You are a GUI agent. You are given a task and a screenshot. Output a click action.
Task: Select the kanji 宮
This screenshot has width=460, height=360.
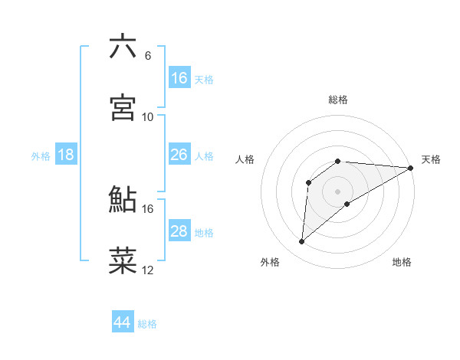123,108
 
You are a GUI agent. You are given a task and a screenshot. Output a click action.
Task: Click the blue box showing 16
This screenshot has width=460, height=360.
179,78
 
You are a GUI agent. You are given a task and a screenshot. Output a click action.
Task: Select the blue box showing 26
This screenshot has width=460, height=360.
179,155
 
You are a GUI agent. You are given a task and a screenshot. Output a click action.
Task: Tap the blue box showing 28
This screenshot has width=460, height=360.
179,231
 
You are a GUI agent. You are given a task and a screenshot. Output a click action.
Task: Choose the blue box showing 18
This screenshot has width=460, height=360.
66,155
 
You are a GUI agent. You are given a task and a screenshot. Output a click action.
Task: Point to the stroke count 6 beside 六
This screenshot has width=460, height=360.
148,55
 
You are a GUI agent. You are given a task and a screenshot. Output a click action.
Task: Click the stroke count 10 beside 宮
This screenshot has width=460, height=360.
148,116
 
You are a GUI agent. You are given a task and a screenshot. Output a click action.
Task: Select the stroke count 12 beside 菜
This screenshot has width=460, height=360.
148,270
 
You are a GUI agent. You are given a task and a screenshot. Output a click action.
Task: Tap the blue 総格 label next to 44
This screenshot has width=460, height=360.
147,324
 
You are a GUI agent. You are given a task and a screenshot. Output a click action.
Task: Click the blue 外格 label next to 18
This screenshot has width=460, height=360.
41,156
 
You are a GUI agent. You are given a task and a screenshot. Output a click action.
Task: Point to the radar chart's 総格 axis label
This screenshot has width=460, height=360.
338,100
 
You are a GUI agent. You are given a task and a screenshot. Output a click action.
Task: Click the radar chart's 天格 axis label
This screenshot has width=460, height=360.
432,159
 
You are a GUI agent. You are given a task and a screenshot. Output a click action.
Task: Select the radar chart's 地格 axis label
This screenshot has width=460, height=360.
402,262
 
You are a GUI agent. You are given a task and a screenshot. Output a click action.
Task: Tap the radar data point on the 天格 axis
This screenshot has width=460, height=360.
411,168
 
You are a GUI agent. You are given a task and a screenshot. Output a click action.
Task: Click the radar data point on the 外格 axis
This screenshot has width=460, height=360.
302,241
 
